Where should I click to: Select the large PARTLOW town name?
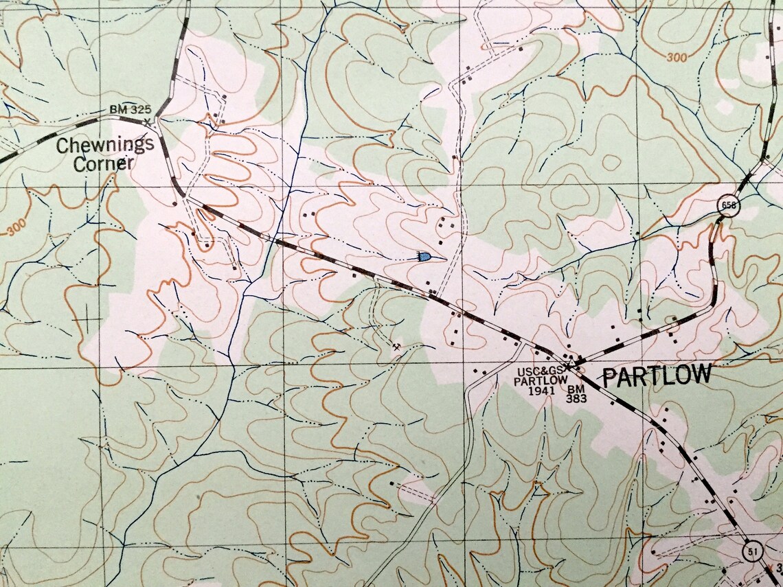click(656, 376)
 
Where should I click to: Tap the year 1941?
click(542, 391)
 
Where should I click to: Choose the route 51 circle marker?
click(753, 552)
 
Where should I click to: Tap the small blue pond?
click(424, 257)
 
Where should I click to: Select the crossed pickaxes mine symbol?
click(396, 347)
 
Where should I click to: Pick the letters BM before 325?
click(118, 109)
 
